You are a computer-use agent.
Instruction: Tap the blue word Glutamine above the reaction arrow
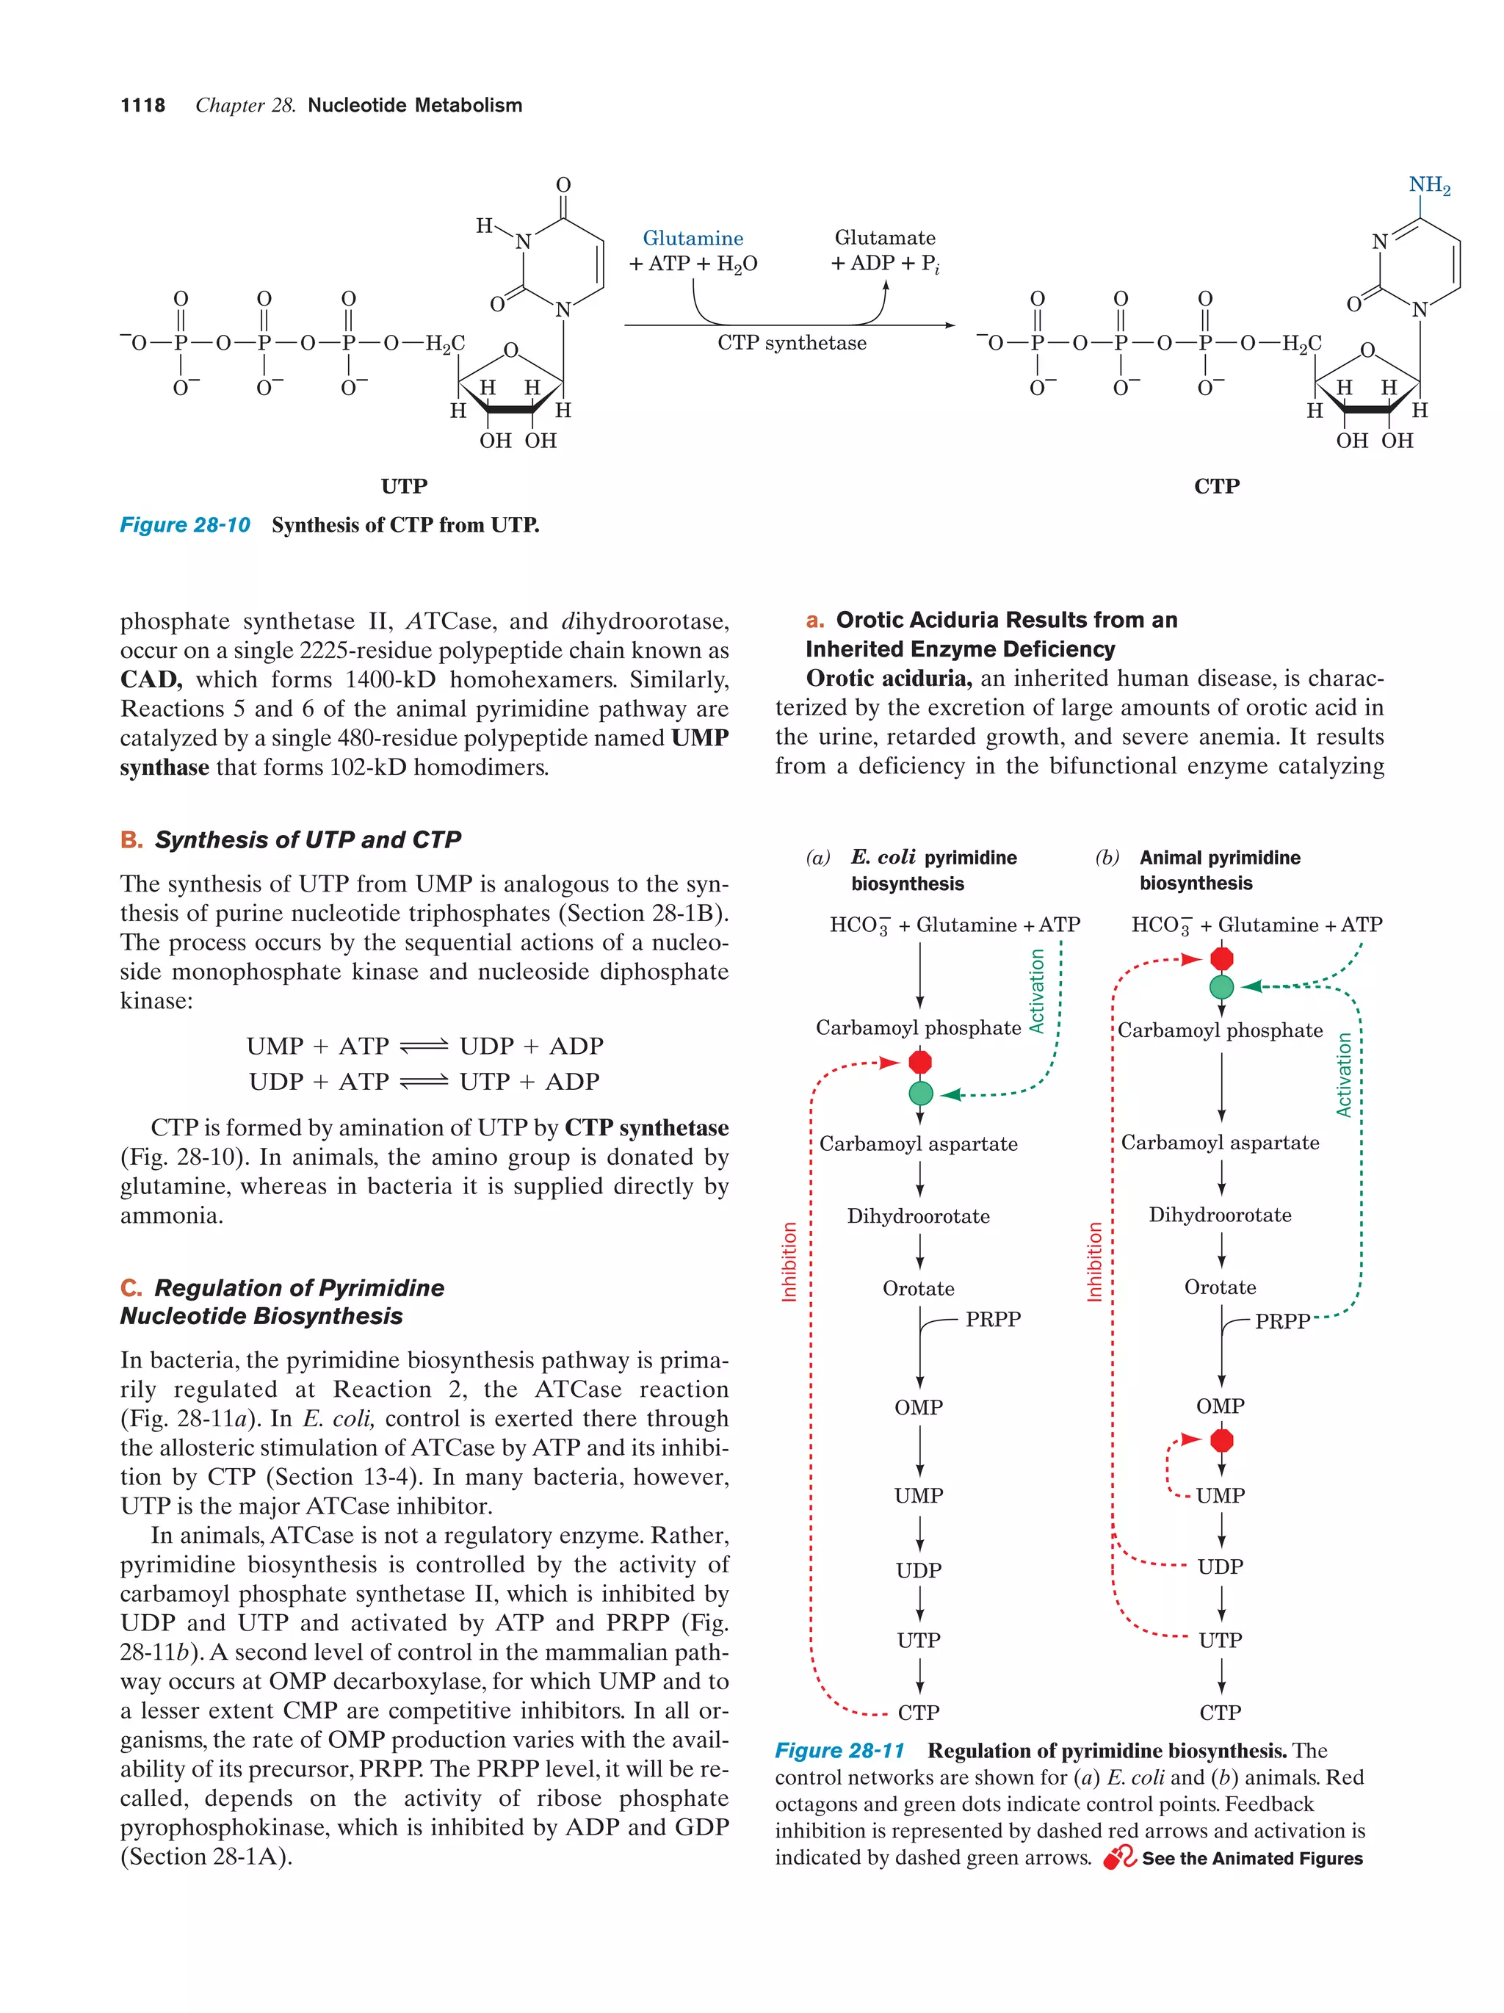click(x=693, y=239)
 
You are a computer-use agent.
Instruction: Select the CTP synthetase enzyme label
click(x=791, y=343)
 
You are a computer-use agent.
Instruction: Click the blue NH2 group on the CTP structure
click(x=1428, y=186)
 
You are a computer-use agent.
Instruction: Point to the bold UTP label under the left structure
click(x=404, y=486)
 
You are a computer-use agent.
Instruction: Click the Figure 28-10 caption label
click(x=185, y=525)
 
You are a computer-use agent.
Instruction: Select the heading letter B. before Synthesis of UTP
click(x=131, y=840)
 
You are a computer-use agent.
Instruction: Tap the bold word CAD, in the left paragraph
click(x=151, y=680)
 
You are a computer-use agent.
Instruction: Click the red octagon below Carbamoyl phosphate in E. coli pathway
click(x=920, y=1062)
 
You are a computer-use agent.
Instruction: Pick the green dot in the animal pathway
click(x=1221, y=986)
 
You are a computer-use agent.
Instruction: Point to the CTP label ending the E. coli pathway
click(x=918, y=1713)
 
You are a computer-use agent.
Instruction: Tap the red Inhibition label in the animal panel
click(x=1094, y=1261)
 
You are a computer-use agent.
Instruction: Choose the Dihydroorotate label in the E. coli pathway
click(x=918, y=1217)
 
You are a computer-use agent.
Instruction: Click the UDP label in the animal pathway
click(x=1220, y=1567)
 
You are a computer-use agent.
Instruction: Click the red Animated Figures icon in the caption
click(x=1119, y=1857)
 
